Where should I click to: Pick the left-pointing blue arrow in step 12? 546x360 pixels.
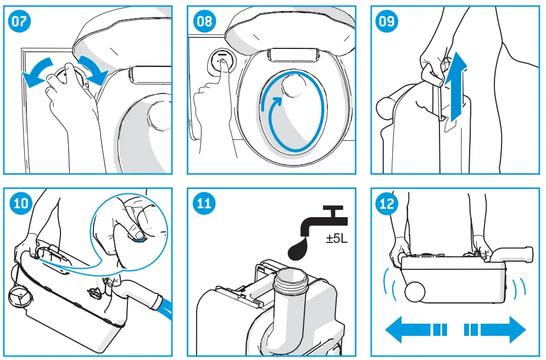tap(415, 330)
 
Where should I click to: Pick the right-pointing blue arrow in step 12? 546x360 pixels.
tap(494, 330)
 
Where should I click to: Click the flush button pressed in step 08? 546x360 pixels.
tap(221, 62)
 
